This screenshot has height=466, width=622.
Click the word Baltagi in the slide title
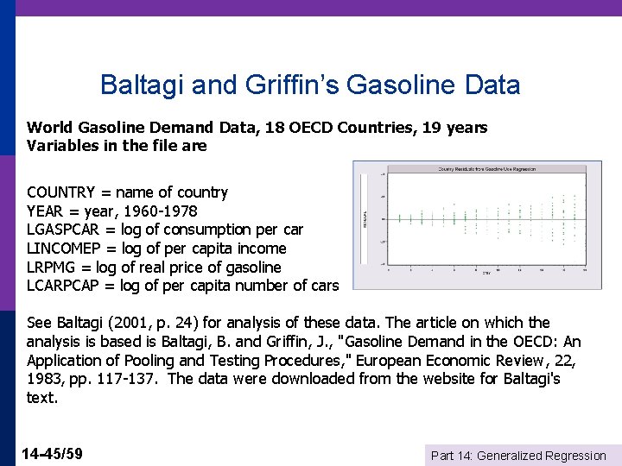pyautogui.click(x=136, y=85)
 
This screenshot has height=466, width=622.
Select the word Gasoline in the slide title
pyautogui.click(x=409, y=85)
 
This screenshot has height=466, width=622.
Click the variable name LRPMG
pyautogui.click(x=52, y=268)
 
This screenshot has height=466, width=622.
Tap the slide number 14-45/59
pyautogui.click(x=54, y=453)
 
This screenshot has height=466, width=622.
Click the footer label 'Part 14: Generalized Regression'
pyautogui.click(x=518, y=456)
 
